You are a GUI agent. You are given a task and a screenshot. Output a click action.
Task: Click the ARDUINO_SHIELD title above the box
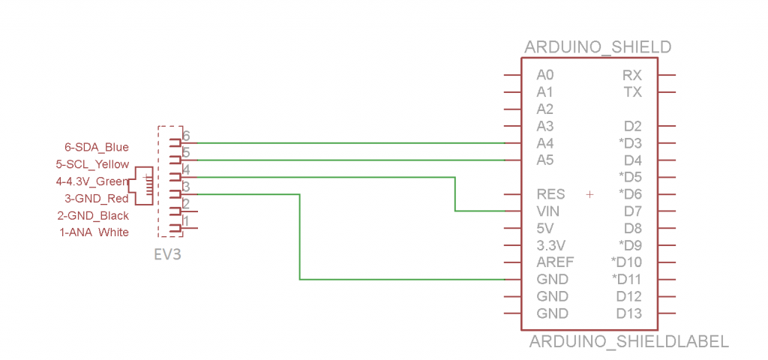(598, 48)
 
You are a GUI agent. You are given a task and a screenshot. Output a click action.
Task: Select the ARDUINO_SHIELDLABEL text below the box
(628, 342)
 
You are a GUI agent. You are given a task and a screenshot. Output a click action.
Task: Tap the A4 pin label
(545, 143)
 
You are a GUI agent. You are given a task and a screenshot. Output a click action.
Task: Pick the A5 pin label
(545, 160)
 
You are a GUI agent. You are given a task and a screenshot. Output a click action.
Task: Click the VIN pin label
(549, 211)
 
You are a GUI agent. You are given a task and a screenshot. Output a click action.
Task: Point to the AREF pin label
(556, 262)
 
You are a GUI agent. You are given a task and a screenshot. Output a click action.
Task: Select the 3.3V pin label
(552, 245)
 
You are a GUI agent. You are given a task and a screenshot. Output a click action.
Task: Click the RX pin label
(632, 75)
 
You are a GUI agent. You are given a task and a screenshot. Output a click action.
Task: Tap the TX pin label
(632, 92)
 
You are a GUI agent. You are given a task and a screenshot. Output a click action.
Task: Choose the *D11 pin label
(627, 280)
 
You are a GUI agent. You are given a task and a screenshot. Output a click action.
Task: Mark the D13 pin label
(629, 313)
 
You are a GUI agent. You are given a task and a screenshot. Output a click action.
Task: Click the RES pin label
(551, 194)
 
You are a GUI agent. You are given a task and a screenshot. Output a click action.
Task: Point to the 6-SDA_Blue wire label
(97, 147)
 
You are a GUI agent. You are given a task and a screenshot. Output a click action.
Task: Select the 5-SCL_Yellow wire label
(92, 164)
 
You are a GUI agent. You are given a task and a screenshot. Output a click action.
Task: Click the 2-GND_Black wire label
(93, 215)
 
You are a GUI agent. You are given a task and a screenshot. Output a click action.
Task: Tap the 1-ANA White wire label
(94, 232)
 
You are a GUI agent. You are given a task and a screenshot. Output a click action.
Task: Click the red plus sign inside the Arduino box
(589, 194)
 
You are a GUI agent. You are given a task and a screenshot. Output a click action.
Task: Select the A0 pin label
(545, 75)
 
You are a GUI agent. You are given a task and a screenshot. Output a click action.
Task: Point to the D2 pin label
(633, 126)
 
